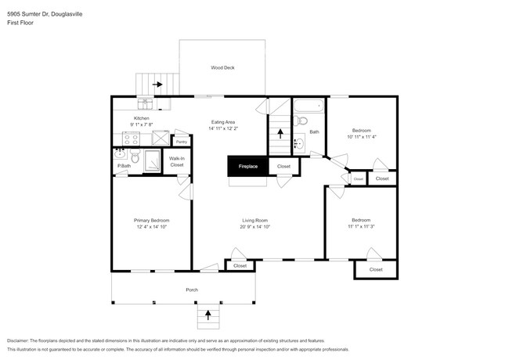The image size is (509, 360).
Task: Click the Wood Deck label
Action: point(222,68)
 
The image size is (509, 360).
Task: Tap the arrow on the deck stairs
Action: point(157,84)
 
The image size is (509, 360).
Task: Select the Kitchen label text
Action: point(141,118)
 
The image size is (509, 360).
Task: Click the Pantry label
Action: point(181,142)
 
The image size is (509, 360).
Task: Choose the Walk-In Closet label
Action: point(177,162)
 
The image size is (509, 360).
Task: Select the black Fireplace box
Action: point(247,166)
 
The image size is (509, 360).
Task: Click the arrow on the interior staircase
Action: point(280,134)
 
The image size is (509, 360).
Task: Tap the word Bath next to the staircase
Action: point(314,132)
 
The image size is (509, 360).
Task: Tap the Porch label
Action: point(192,290)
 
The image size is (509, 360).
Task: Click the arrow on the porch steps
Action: point(208,315)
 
